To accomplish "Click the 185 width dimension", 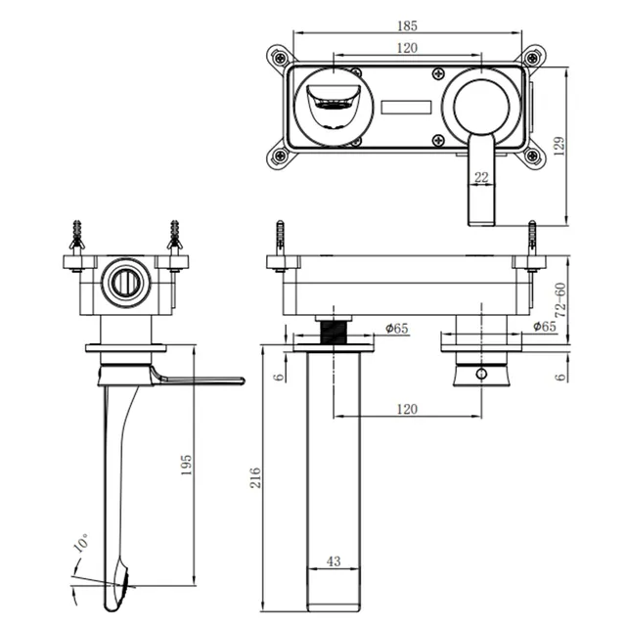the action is pyautogui.click(x=407, y=26).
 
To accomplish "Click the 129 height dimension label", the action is pyautogui.click(x=559, y=146).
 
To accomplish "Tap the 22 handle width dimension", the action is pyautogui.click(x=481, y=177).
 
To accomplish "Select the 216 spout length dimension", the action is pyautogui.click(x=255, y=477).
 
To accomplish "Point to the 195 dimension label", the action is pyautogui.click(x=186, y=465).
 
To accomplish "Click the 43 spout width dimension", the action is pyautogui.click(x=334, y=560).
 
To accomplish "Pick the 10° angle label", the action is pyautogui.click(x=81, y=542).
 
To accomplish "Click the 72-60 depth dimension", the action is pyautogui.click(x=560, y=300).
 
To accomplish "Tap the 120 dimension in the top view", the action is pyautogui.click(x=407, y=48).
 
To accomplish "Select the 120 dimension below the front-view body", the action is pyautogui.click(x=407, y=409).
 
